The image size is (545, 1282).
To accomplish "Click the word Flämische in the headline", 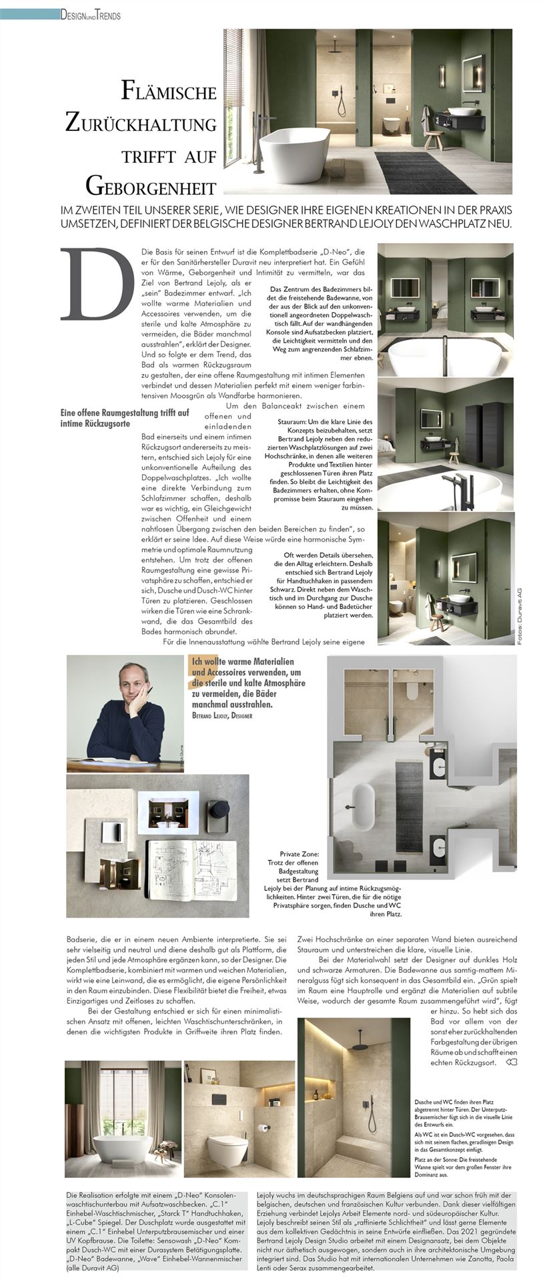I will point(169,91).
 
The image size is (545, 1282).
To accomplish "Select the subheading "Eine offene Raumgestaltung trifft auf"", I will point(125,413).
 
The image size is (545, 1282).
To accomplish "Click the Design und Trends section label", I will point(90,15).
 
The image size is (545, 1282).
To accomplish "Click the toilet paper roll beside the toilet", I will point(265,1129).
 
